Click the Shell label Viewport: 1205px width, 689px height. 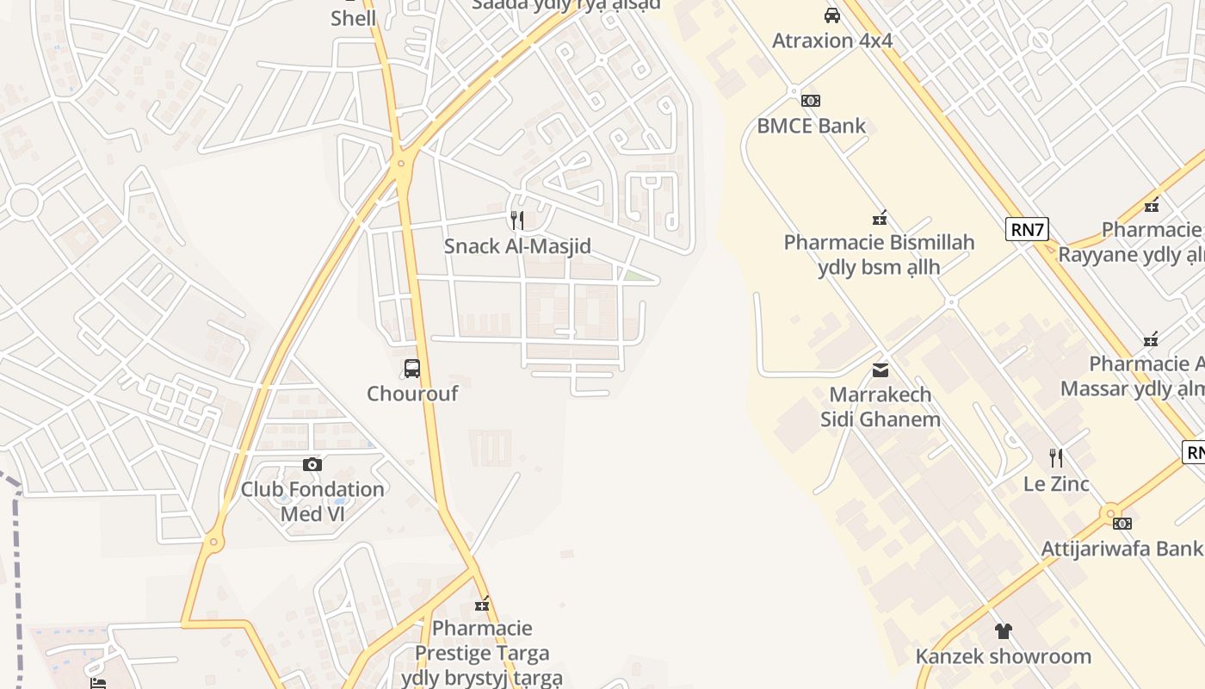[x=353, y=18]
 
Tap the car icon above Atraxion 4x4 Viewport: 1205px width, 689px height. [x=832, y=16]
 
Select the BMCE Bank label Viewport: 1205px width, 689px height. [x=812, y=126]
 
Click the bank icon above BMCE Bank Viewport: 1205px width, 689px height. [x=810, y=100]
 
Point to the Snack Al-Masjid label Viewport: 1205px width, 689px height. [x=517, y=246]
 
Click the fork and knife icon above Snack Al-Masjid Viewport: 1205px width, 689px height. [x=517, y=220]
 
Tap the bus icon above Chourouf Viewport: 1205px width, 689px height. [x=412, y=369]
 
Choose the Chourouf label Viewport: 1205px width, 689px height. [x=412, y=394]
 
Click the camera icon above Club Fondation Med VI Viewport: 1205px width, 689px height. [x=312, y=464]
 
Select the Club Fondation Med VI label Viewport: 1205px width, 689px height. [x=312, y=501]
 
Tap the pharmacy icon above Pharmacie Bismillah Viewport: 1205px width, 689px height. [x=879, y=217]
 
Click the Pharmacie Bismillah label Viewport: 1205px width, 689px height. [x=879, y=254]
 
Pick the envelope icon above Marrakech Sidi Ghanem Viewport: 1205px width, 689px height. [x=881, y=370]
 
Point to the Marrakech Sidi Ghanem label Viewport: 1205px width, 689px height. [x=881, y=407]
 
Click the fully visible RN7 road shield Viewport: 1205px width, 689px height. [x=1027, y=229]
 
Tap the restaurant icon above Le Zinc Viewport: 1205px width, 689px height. [x=1056, y=458]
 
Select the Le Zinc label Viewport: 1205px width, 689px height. [x=1056, y=484]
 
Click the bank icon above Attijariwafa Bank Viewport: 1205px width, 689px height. [x=1122, y=524]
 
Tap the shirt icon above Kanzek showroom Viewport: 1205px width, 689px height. [x=1003, y=631]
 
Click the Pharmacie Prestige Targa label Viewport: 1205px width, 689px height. [x=482, y=653]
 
